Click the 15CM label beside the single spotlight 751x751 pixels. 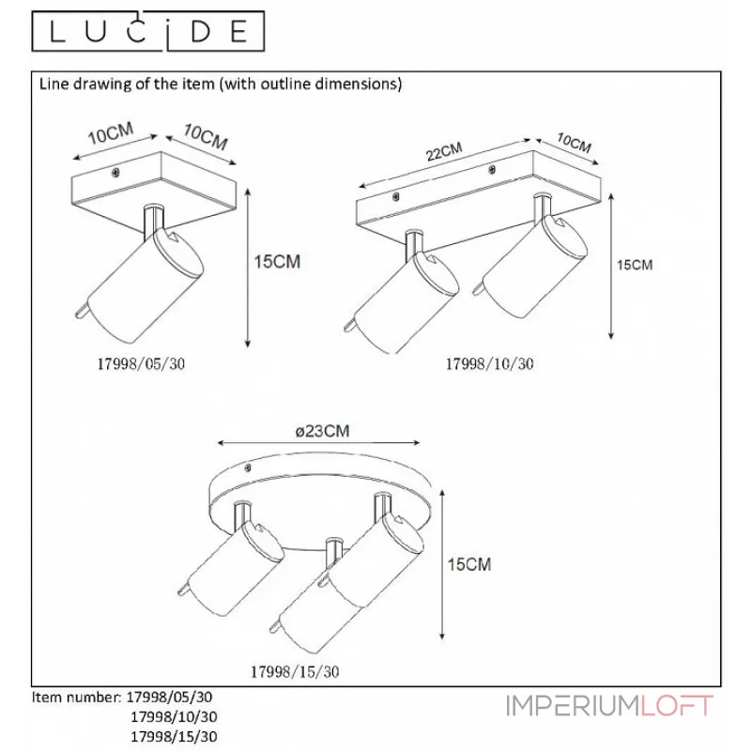coord(278,263)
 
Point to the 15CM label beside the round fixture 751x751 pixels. coord(468,564)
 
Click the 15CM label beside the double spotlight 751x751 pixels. coord(634,265)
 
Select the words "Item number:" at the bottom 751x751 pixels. coord(76,698)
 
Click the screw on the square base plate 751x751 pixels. coord(115,173)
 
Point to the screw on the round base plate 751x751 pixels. coord(249,466)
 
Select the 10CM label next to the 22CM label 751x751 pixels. coord(573,145)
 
